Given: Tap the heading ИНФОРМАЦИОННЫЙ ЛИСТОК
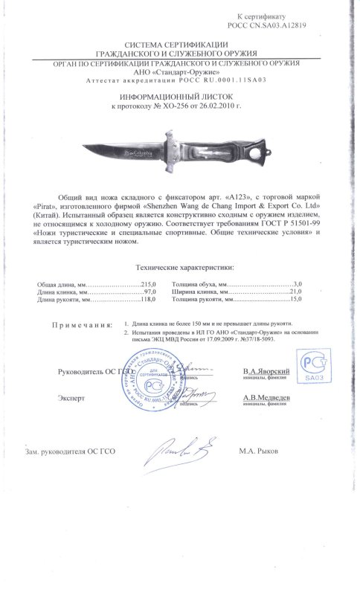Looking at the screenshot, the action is [179, 97].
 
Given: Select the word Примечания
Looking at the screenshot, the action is [83, 326].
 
